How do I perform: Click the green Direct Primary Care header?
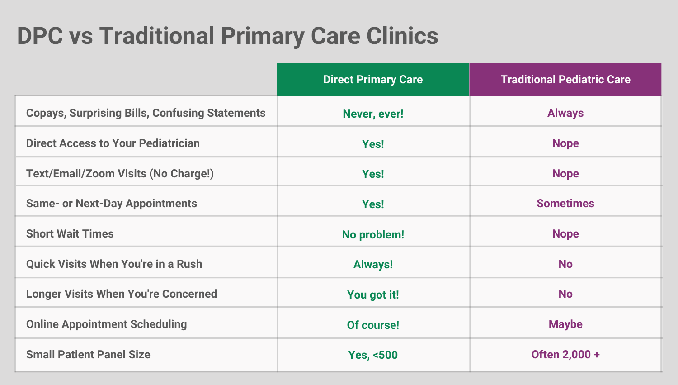pyautogui.click(x=373, y=79)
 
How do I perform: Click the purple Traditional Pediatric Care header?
pyautogui.click(x=565, y=79)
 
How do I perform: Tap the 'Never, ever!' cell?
pyautogui.click(x=373, y=114)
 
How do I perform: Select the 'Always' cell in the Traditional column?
pyautogui.click(x=565, y=113)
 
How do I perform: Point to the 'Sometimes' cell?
pyautogui.click(x=565, y=203)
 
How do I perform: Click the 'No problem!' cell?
pyautogui.click(x=373, y=234)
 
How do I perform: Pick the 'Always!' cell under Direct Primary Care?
pyautogui.click(x=373, y=265)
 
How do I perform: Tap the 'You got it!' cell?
pyautogui.click(x=373, y=295)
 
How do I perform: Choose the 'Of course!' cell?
pyautogui.click(x=373, y=325)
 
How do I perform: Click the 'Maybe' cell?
pyautogui.click(x=565, y=324)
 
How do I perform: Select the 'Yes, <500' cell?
pyautogui.click(x=373, y=355)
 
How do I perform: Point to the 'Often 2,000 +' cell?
pyautogui.click(x=565, y=354)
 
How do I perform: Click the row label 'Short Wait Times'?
pyautogui.click(x=70, y=233)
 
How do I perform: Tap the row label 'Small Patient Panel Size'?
pyautogui.click(x=88, y=354)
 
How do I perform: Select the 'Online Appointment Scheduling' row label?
pyautogui.click(x=107, y=324)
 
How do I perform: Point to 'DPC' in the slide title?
pyautogui.click(x=40, y=36)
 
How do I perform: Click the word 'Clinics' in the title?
pyautogui.click(x=402, y=36)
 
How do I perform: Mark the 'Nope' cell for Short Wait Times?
pyautogui.click(x=565, y=234)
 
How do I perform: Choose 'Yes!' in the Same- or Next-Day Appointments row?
pyautogui.click(x=373, y=204)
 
